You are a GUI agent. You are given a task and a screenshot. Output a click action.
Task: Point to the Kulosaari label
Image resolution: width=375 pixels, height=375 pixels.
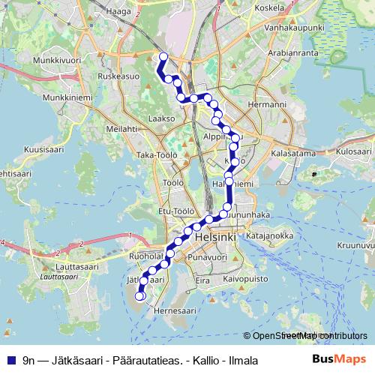click(x=353, y=151)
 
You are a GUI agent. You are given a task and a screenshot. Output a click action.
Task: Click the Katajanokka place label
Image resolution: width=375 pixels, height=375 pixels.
click(x=269, y=235)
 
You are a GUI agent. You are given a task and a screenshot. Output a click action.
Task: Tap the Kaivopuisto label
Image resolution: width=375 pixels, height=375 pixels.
click(x=245, y=278)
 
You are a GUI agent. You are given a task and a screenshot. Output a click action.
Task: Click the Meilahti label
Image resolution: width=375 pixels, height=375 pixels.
click(x=121, y=129)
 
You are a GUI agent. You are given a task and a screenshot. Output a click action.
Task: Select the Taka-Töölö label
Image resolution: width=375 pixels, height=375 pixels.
click(x=155, y=154)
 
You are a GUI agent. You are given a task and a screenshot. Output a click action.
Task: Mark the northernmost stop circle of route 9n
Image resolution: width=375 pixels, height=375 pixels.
click(x=163, y=56)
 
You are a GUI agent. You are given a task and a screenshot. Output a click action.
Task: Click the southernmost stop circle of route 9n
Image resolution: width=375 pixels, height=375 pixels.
click(x=139, y=296)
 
